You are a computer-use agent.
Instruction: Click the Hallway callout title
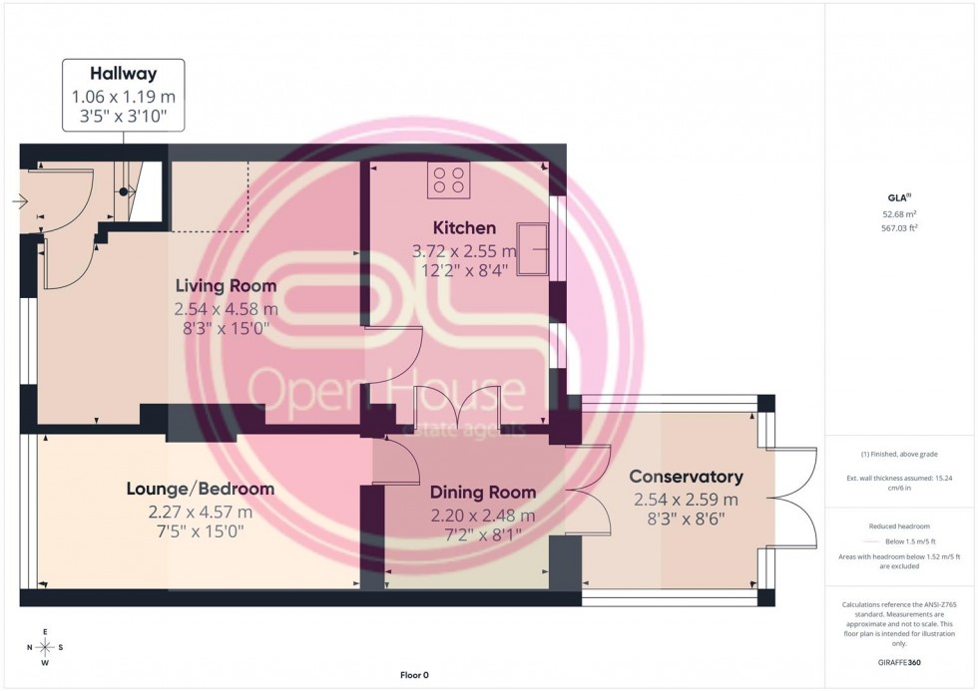pos(124,73)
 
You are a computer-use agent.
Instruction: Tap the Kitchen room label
pos(464,228)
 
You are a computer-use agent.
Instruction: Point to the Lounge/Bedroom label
pos(200,490)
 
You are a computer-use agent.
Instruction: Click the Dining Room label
pos(483,493)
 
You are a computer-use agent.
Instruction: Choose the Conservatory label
pos(686,477)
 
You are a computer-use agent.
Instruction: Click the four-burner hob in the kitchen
pos(448,180)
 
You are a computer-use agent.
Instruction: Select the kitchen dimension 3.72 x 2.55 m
pos(465,250)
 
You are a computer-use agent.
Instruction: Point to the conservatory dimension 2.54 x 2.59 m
pos(686,500)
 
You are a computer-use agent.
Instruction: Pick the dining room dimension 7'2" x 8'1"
pos(483,537)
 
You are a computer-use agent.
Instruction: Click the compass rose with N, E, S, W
pos(45,647)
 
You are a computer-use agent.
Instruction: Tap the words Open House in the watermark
pos(385,390)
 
